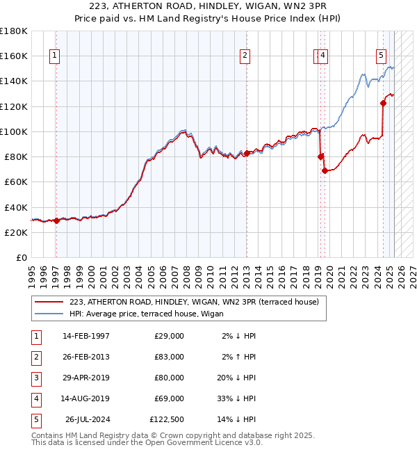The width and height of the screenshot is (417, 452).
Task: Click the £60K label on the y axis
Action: tap(16, 181)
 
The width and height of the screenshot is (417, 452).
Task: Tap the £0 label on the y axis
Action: tap(22, 257)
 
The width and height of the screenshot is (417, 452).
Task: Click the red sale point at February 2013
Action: tap(246, 153)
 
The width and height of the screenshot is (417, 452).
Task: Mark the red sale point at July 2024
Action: tap(383, 103)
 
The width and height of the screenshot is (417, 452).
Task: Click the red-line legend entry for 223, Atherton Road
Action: tap(194, 302)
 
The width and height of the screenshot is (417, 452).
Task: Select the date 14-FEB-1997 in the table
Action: tap(86, 336)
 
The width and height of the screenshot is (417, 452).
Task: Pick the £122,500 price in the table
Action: tap(167, 419)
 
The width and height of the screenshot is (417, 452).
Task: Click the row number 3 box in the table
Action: tap(35, 378)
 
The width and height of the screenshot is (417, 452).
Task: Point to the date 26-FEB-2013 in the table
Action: tap(86, 357)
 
